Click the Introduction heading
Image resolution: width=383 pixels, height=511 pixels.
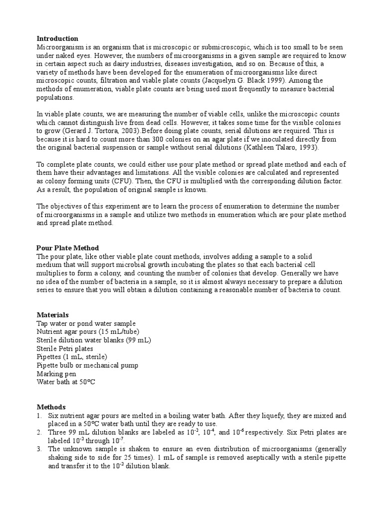[57, 38]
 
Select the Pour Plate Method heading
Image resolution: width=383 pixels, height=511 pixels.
[68, 248]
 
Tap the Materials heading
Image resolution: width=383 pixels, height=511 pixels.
[52, 315]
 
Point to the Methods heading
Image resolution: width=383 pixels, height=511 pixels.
[51, 407]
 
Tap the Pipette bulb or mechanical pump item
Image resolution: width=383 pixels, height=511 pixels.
[87, 365]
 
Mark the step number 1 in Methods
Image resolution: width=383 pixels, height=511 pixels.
[39, 416]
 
